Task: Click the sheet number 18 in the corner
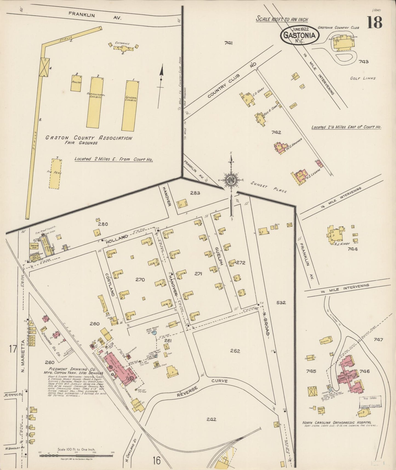coord(375,22)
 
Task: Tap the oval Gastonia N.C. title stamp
coord(300,35)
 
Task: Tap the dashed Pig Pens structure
coord(55,174)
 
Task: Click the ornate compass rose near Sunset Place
coord(231,180)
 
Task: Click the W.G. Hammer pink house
coord(280,147)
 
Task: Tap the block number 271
coord(198,274)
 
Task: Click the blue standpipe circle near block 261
coord(154,333)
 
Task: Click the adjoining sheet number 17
coord(13,350)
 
